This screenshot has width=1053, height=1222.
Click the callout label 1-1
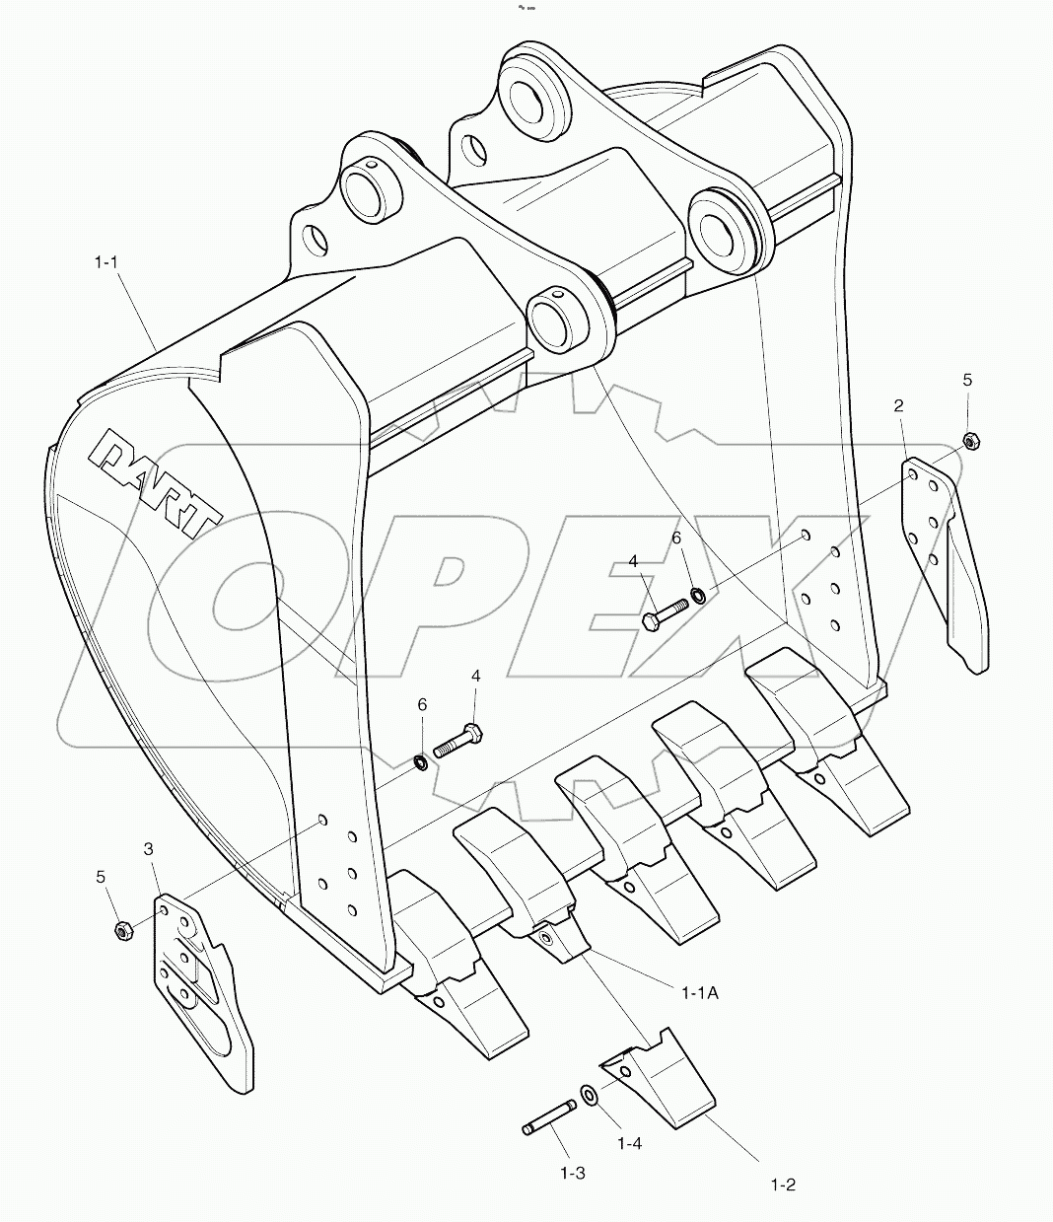click(x=106, y=262)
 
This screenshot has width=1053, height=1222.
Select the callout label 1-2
click(x=782, y=1185)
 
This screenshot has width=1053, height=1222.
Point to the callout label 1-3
click(x=572, y=1173)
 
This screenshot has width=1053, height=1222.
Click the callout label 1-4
click(x=629, y=1143)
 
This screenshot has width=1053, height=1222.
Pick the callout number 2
click(x=899, y=405)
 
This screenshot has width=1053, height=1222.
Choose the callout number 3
click(x=148, y=848)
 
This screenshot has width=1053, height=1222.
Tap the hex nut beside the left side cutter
click(x=123, y=929)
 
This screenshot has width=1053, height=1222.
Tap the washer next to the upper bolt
click(x=697, y=594)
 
